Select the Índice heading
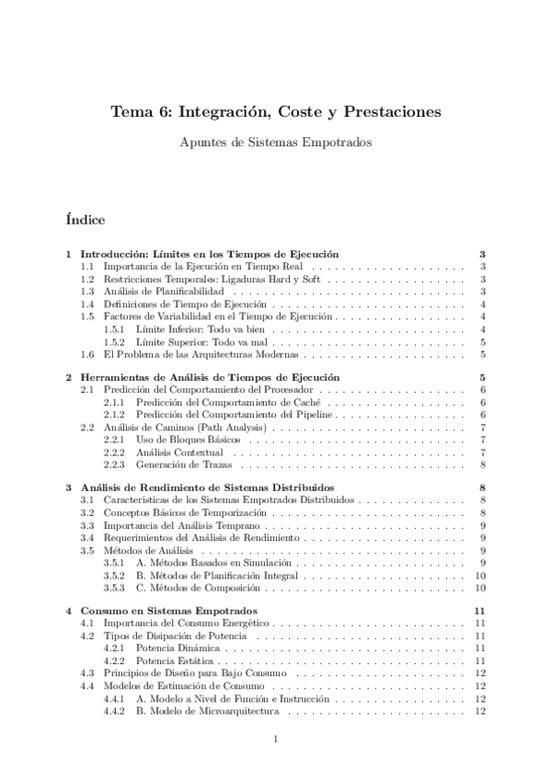(86, 221)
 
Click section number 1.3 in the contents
(87, 291)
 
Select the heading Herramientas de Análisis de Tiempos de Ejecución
(210, 377)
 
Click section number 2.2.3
(114, 465)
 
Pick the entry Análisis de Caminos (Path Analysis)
(188, 428)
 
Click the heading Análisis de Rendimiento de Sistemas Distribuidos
(207, 487)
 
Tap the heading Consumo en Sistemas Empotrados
(168, 611)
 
